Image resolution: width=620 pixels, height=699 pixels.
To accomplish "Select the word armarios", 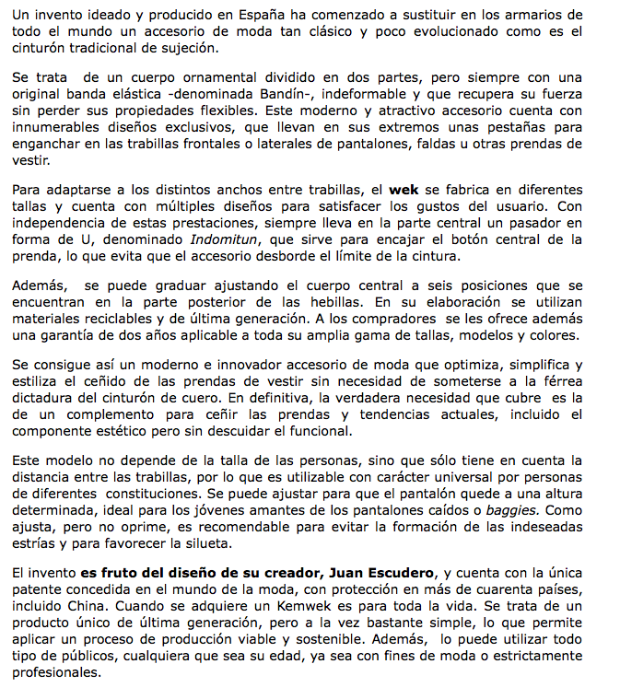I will pos(532,16).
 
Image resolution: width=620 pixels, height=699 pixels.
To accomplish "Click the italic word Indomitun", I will pos(225,239).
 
